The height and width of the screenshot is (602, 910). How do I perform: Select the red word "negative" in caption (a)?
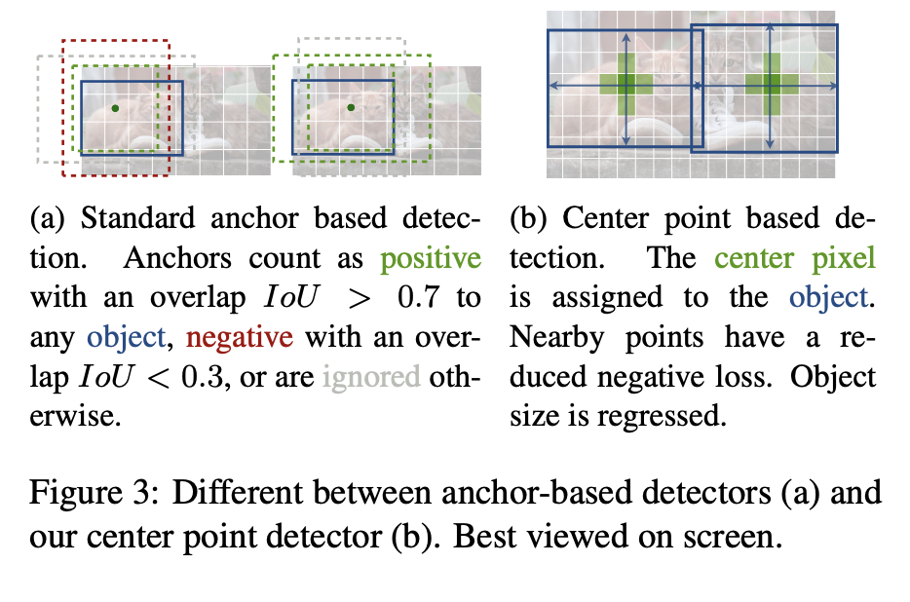click(x=240, y=337)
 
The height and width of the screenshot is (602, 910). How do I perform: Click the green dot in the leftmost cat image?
click(x=115, y=108)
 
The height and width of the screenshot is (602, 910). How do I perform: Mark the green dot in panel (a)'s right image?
click(x=350, y=107)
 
